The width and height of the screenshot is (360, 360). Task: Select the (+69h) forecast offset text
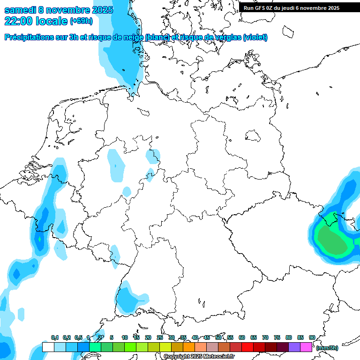coord(81,21)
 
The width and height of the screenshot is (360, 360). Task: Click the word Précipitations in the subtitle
coord(32,37)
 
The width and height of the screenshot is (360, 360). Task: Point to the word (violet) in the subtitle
coord(255,37)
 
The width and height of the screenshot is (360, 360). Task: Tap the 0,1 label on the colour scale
coord(55,337)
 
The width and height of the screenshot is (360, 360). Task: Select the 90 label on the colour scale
coord(312,337)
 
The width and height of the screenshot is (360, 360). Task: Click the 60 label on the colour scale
coord(242,337)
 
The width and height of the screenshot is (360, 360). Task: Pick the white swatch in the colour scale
coord(48,347)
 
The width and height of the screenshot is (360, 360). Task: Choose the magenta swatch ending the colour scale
coord(306,347)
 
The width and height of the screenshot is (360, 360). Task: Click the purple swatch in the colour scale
coord(294,347)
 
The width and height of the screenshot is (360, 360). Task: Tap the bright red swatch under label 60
coord(247,347)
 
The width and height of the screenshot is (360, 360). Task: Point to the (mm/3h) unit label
coord(327,348)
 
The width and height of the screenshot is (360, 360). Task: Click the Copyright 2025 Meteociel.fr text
coord(199,357)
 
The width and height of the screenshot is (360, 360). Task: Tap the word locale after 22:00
coord(52,21)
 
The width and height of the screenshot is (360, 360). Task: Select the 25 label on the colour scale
coord(160,337)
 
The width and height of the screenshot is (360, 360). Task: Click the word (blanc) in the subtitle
coord(157,37)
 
